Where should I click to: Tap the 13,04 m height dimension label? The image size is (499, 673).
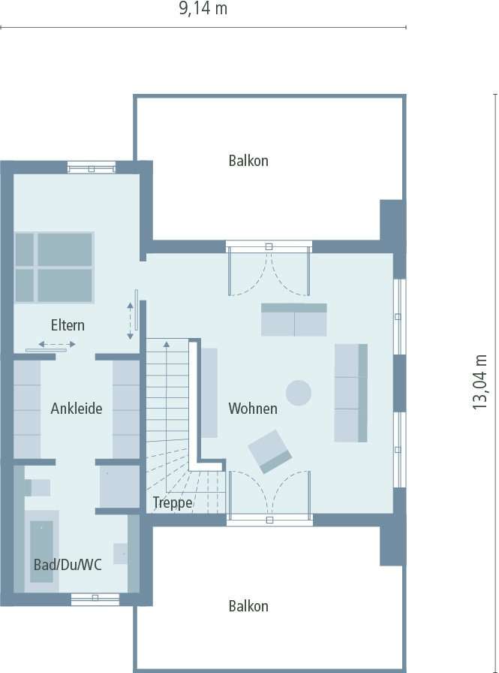481,382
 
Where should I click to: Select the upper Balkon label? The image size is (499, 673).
248,161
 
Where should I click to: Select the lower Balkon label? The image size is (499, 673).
248,606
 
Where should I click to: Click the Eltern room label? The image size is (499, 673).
68,326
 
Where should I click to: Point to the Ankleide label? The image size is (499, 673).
77,409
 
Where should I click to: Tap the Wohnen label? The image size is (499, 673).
253,409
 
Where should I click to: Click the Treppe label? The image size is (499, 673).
173,502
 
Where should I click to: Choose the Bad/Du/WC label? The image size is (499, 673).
68,565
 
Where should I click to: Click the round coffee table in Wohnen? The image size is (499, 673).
299,392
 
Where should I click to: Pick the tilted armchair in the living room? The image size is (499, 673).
270,451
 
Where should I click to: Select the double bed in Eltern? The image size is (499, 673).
54,267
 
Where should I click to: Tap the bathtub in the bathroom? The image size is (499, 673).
42,551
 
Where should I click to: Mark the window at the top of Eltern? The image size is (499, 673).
92,167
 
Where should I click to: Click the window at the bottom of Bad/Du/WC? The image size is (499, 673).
95,598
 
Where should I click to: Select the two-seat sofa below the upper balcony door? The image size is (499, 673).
293,319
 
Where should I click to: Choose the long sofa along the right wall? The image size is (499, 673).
350,392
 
